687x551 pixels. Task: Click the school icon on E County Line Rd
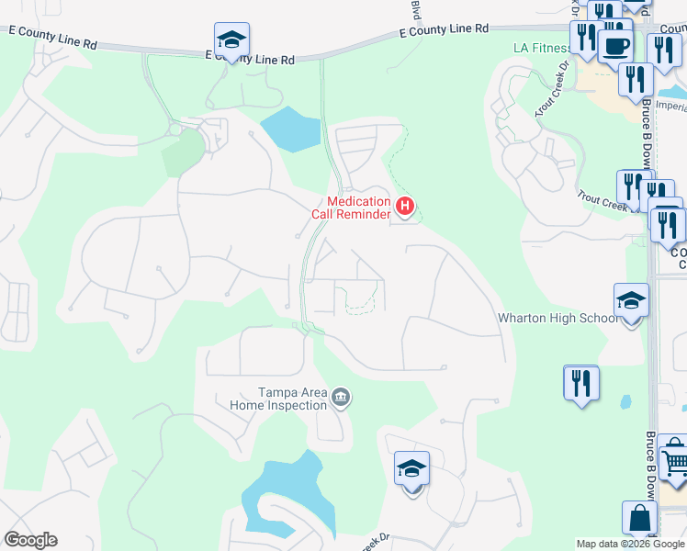pos(231,39)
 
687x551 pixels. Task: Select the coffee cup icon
pos(615,43)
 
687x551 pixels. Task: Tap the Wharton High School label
pos(557,319)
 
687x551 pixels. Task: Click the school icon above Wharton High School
pos(631,300)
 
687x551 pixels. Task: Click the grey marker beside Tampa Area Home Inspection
pos(341,398)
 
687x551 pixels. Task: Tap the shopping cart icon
pos(673,455)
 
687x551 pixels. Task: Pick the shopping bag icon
pos(639,519)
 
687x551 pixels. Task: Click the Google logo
pos(30,540)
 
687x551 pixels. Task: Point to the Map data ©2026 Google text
pos(630,544)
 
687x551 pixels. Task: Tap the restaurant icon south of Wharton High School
pos(580,382)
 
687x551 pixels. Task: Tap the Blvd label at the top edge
pos(414,10)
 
